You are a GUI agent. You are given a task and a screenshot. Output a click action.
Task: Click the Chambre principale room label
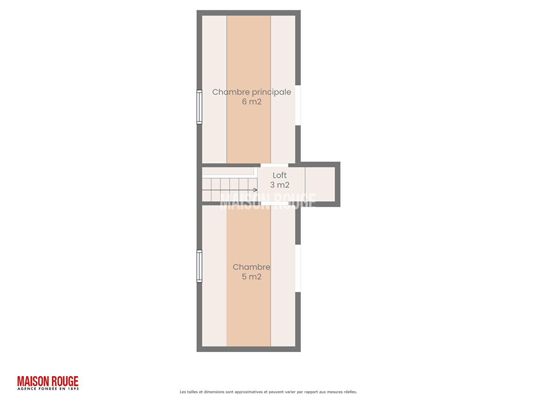pos(251,92)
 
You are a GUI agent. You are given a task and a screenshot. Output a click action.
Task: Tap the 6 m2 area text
pos(251,101)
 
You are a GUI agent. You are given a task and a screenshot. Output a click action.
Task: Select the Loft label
pos(279,175)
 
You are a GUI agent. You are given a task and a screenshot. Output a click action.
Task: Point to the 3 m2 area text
pos(280,185)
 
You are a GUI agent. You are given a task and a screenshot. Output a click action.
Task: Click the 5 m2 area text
pos(251,277)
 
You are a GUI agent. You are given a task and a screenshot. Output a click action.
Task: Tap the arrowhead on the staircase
pos(255,190)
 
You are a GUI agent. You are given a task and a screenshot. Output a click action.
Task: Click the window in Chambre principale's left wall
pos(200,107)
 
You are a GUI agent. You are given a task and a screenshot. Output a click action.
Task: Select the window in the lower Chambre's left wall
pos(200,266)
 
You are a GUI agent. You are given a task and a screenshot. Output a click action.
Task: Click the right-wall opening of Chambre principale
pos(298,105)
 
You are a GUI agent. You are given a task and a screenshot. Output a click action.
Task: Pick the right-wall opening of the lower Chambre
pos(298,268)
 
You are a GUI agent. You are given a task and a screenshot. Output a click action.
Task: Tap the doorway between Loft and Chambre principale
pos(274,165)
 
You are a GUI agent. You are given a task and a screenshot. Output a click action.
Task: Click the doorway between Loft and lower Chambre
pos(274,203)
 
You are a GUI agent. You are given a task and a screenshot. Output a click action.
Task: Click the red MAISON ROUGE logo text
pos(48,381)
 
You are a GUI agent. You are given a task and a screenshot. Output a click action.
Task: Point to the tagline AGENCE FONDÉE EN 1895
pos(48,388)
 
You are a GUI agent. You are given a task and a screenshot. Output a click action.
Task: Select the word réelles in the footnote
pos(350,392)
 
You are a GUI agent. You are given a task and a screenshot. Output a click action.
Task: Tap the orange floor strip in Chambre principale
pos(249,89)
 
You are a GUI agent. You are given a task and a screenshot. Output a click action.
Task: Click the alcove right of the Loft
pos(320,184)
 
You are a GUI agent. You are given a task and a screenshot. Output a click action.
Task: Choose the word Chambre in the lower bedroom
pos(251,267)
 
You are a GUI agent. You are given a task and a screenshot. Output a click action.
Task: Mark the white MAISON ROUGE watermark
pos(268,201)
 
